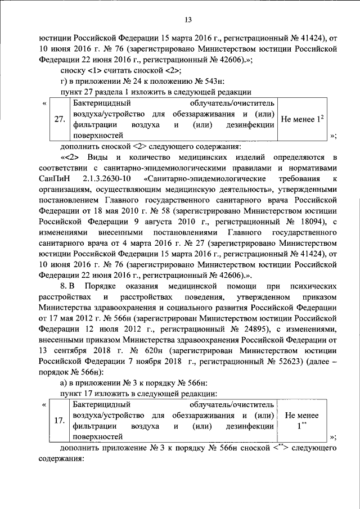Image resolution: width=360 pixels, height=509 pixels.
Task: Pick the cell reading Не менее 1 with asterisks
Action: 302,420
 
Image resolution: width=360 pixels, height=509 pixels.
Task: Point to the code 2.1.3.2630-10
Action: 107,178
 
